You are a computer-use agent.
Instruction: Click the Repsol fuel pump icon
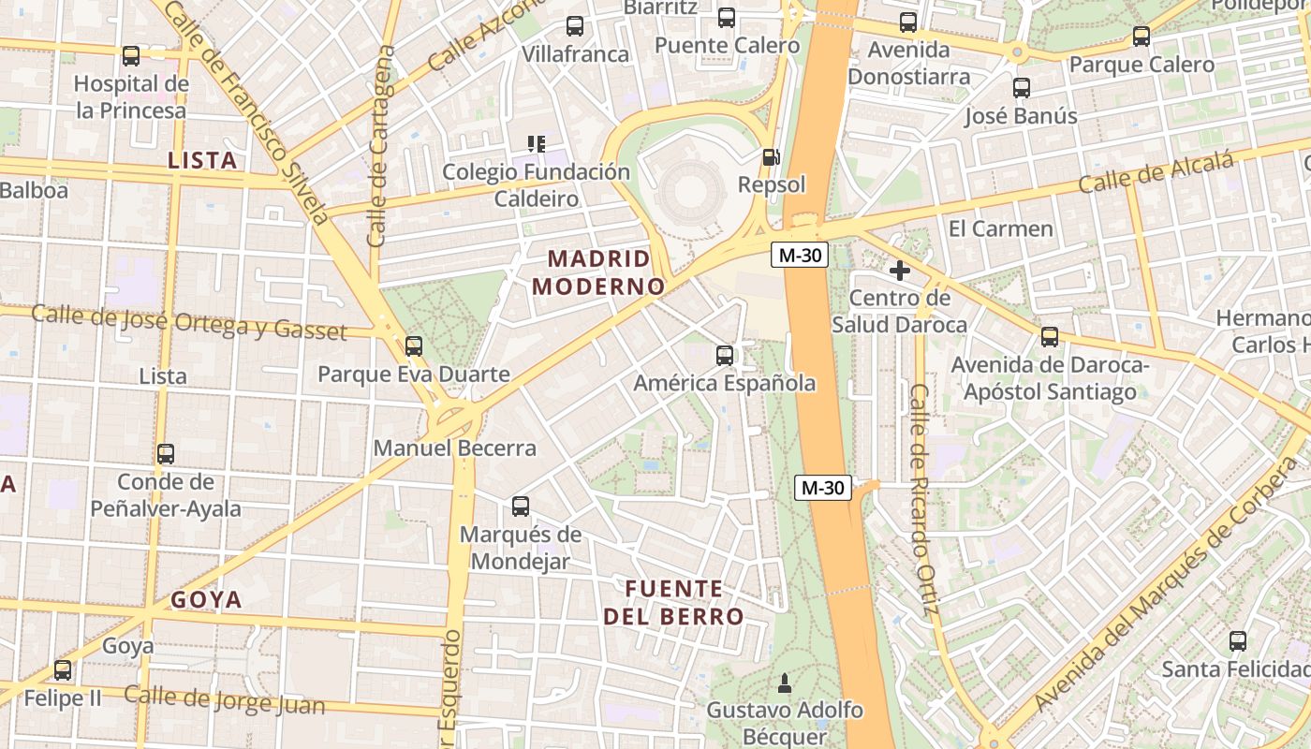(x=771, y=157)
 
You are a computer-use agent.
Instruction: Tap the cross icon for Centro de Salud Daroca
(x=900, y=271)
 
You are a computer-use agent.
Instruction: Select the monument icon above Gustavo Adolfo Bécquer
(x=785, y=683)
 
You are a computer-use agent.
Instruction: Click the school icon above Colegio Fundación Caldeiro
(x=536, y=144)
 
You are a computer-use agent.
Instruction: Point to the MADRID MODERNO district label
(x=598, y=272)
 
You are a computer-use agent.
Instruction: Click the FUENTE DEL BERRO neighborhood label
(x=673, y=602)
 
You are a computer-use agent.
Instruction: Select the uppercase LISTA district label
(x=201, y=161)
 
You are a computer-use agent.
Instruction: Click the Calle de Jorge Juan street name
(x=224, y=700)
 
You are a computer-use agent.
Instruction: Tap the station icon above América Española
(x=724, y=356)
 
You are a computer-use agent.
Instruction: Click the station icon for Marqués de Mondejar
(x=521, y=507)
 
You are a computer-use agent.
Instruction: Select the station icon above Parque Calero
(x=1141, y=37)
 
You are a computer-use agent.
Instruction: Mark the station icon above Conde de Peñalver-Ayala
(x=166, y=454)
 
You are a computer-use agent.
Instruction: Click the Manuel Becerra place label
(x=455, y=448)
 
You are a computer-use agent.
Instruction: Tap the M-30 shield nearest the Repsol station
(x=799, y=255)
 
